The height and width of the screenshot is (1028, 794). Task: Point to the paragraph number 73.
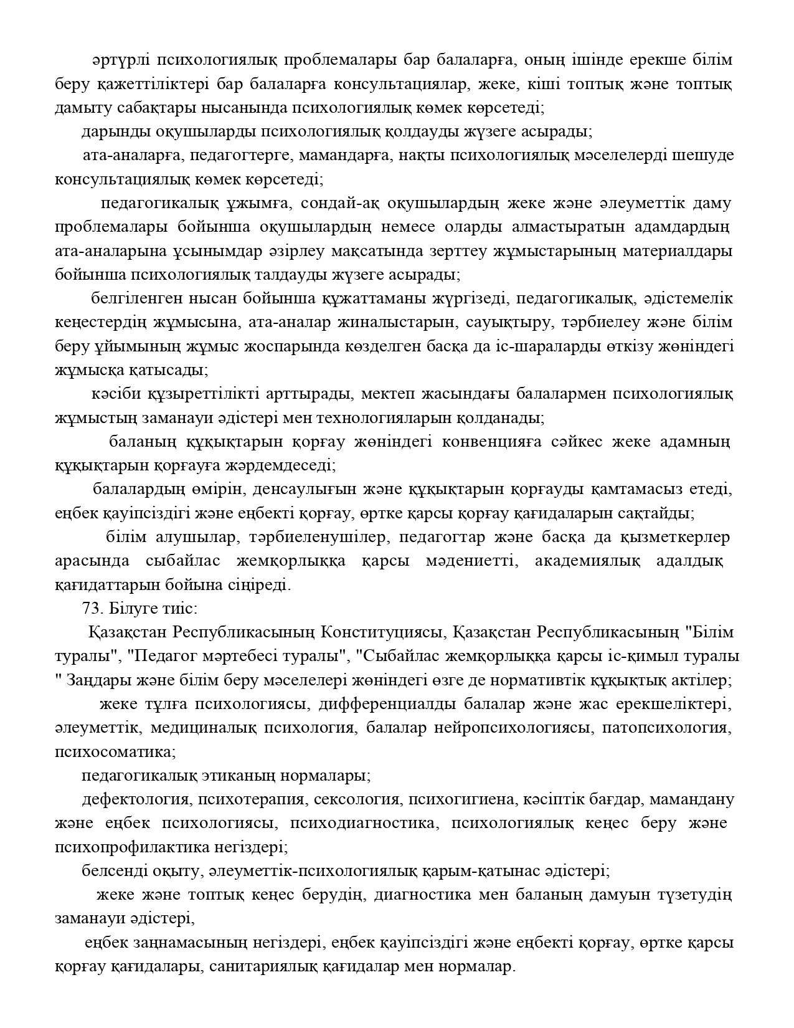(92, 608)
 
